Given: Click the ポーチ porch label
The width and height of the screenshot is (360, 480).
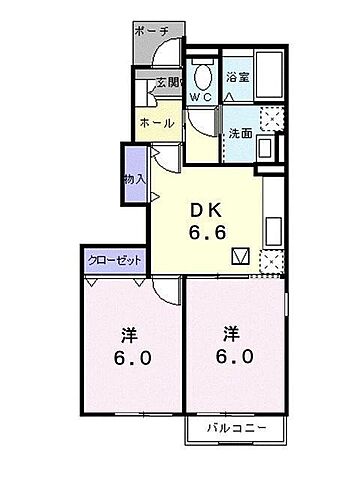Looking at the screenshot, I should tap(156, 31).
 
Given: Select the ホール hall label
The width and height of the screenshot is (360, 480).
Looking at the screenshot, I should tap(157, 123).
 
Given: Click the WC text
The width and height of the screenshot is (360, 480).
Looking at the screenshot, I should tap(201, 98).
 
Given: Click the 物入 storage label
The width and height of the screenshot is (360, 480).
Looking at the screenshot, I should tap(134, 179).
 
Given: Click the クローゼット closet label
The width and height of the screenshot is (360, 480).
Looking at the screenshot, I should tap(114, 260).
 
